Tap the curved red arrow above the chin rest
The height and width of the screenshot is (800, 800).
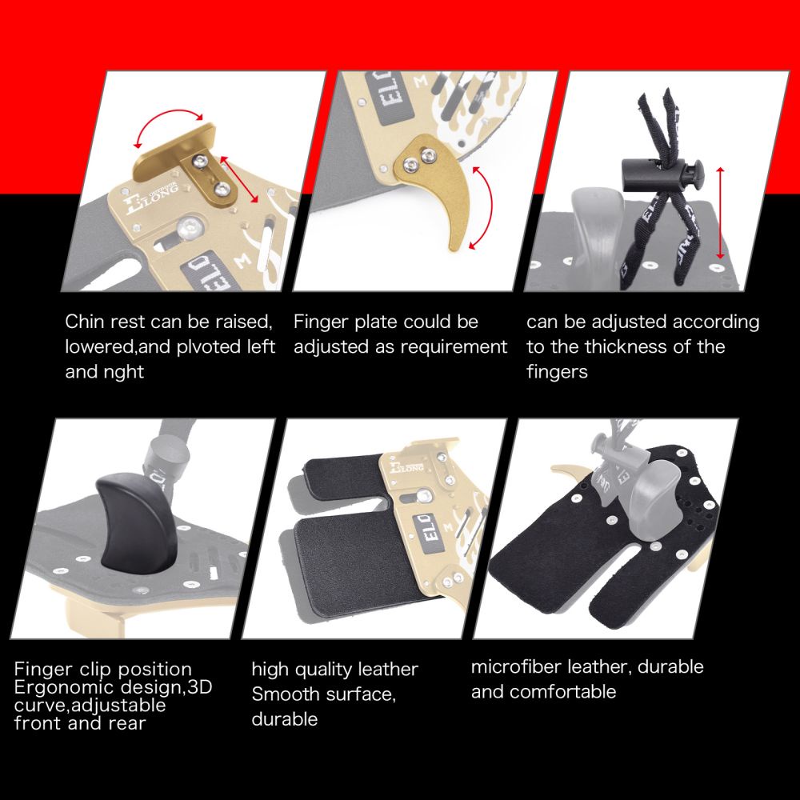click(x=167, y=115)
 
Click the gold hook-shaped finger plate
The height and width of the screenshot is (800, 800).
click(x=433, y=189)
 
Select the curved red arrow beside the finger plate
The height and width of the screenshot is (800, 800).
click(x=488, y=206)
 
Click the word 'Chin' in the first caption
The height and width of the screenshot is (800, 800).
click(x=85, y=322)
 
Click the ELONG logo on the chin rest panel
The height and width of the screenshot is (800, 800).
click(x=152, y=197)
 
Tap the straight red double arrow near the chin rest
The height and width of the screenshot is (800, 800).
click(x=238, y=179)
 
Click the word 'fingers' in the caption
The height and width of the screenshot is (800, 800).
click(x=557, y=372)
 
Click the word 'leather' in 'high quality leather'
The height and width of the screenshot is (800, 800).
click(x=388, y=670)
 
